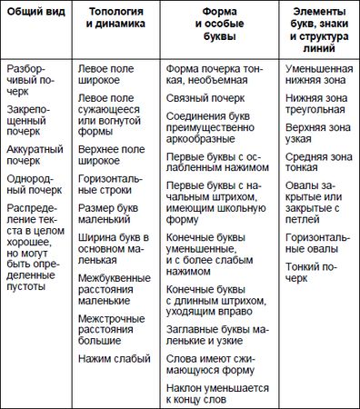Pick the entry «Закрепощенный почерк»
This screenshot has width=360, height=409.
click(x=35, y=121)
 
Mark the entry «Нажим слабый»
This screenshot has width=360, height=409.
click(x=115, y=359)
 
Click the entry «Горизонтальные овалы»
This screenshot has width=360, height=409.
click(x=316, y=243)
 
